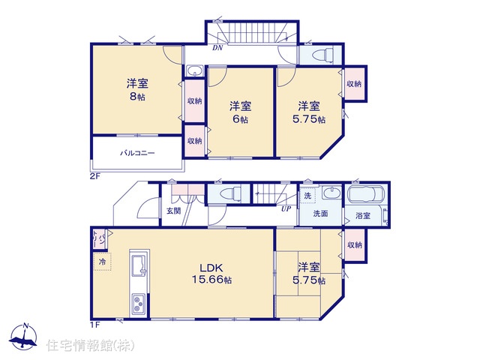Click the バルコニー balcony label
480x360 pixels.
(x=137, y=153)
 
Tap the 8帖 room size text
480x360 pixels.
(x=137, y=97)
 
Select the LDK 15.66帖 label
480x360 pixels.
(x=211, y=273)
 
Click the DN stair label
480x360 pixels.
(x=217, y=48)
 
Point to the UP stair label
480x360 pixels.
(x=286, y=208)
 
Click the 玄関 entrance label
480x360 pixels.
(x=173, y=211)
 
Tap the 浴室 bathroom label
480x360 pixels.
(x=363, y=216)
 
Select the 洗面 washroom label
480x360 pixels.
(x=320, y=214)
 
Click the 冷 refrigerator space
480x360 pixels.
(x=102, y=262)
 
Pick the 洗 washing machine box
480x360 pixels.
(x=307, y=195)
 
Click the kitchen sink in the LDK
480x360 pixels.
(x=139, y=265)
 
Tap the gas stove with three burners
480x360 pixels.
(x=139, y=304)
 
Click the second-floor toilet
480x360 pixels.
(x=322, y=55)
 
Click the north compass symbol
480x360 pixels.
(x=23, y=336)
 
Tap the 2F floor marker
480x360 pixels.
(x=95, y=176)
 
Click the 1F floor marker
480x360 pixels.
(x=95, y=325)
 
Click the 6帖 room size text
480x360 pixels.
(x=240, y=119)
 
